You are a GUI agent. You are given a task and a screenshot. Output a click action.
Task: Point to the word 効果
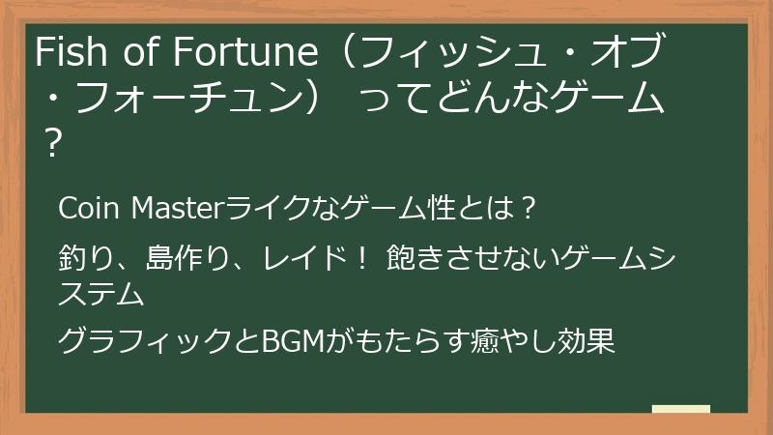coord(588,342)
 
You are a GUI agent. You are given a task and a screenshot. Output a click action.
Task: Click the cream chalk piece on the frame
coord(680,409)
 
